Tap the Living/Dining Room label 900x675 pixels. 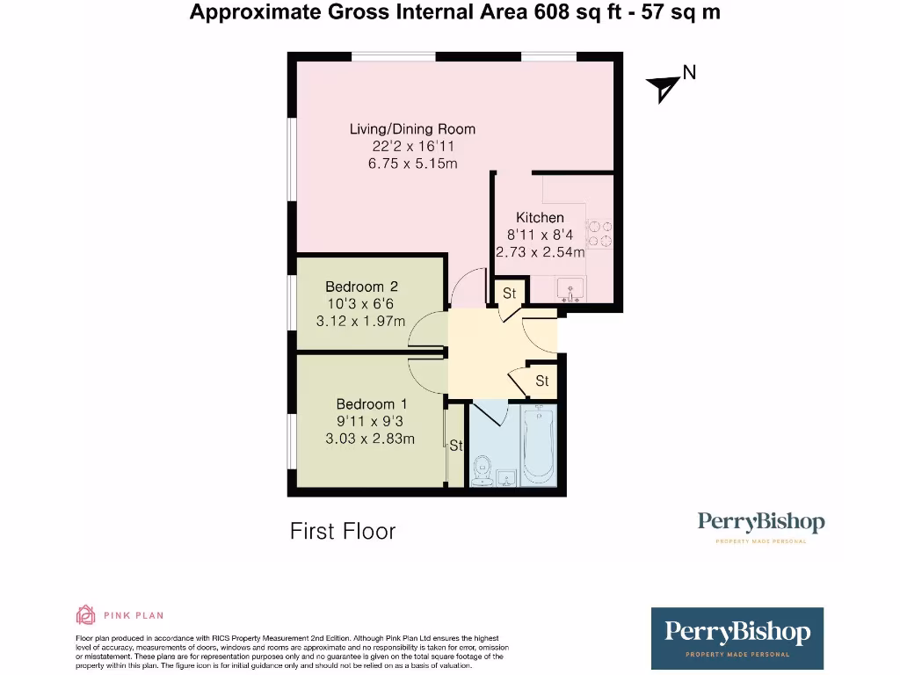point(412,129)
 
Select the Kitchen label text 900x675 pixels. point(540,217)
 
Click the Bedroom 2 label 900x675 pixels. point(361,287)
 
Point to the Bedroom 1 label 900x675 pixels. point(372,404)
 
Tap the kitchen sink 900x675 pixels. point(569,287)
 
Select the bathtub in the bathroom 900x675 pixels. point(537,446)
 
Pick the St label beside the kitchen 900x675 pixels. point(509,293)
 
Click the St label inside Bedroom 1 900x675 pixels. point(455,446)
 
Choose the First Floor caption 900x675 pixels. point(343,532)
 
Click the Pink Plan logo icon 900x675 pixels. point(86,615)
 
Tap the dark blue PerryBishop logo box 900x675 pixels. point(737,638)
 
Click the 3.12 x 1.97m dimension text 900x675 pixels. point(360,321)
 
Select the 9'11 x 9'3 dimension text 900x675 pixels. point(370,421)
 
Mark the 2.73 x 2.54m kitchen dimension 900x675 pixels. point(540,252)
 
